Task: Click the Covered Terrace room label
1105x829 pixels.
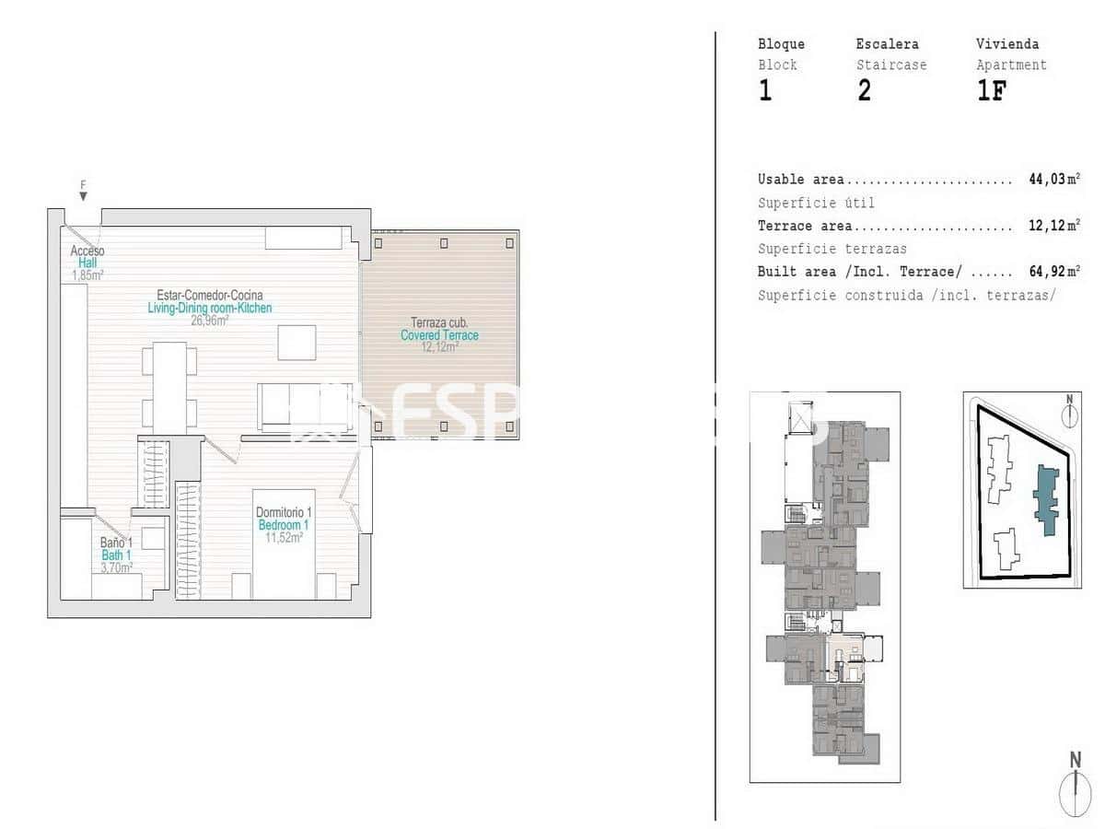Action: coord(439,335)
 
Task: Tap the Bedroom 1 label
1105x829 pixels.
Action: coord(284,525)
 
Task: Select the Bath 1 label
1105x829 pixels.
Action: coord(116,555)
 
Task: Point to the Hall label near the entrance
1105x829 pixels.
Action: coord(87,263)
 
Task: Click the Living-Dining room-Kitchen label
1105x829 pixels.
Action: coord(210,308)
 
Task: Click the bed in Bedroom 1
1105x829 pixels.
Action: coord(284,543)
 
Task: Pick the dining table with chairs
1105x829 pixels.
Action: coord(169,388)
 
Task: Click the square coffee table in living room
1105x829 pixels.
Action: coord(297,343)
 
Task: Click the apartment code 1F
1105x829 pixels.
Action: coord(991,91)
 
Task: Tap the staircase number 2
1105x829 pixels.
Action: coord(864,91)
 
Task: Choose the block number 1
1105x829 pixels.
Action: coord(765,91)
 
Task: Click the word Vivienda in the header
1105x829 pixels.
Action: coord(1007,43)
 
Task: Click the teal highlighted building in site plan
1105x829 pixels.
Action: coord(1046,498)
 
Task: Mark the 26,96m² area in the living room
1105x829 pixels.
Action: coord(209,321)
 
